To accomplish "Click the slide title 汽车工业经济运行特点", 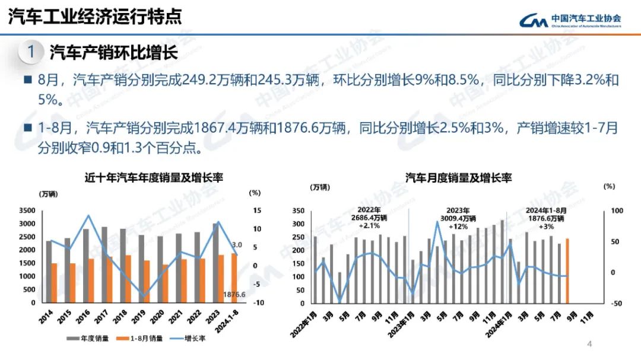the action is click(x=95, y=17).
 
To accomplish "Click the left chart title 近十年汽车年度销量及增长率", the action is click(x=153, y=177).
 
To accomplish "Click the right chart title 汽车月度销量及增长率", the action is click(x=458, y=177).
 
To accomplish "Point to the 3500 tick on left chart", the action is click(x=27, y=211).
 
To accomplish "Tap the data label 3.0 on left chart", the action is click(x=236, y=245).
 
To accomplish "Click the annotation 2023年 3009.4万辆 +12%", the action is click(x=458, y=218).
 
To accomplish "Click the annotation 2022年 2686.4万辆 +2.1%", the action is click(x=372, y=218).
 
